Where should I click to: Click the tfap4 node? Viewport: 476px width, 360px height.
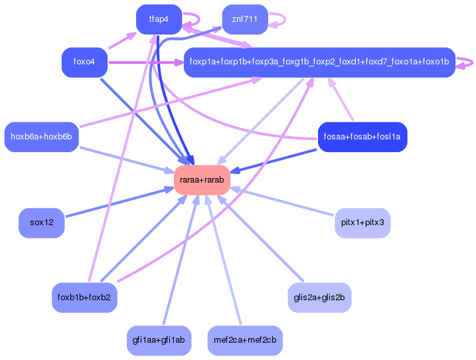159,19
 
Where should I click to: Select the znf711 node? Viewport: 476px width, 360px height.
244,19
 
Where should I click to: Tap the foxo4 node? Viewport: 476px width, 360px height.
84,62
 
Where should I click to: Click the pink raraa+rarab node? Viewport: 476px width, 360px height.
202,179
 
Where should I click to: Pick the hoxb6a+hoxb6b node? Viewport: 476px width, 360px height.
41,137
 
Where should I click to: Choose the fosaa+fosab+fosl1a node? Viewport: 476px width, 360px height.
362,137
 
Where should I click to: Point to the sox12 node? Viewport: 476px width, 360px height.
41,222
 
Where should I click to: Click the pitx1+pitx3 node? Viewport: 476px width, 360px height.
362,222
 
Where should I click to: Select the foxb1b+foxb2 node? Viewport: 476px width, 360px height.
84,297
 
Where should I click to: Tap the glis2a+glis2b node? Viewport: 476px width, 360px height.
319,297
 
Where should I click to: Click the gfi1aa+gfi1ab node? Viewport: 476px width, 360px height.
159,340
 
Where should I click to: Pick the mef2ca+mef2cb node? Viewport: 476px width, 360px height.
245,340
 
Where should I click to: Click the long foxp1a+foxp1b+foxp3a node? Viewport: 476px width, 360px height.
319,62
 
